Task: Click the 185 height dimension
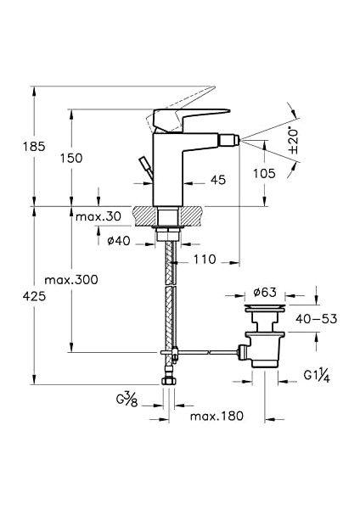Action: click(x=34, y=147)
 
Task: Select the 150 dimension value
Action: click(x=71, y=158)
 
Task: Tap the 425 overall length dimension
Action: click(x=34, y=296)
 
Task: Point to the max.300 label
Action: click(x=71, y=279)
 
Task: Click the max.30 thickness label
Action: click(x=98, y=215)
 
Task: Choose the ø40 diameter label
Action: click(x=119, y=241)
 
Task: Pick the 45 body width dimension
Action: click(x=218, y=180)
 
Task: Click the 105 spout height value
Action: click(x=264, y=173)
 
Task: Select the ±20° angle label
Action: click(x=294, y=141)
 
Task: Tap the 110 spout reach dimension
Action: click(x=205, y=260)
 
